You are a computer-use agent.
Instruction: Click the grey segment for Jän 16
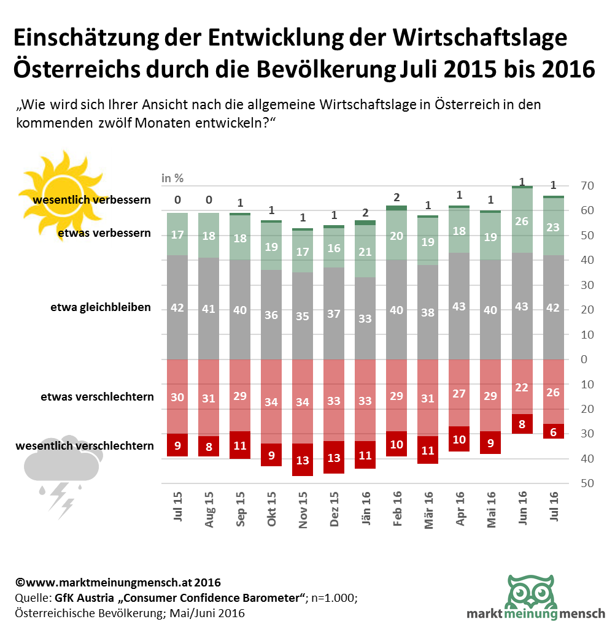click(x=366, y=318)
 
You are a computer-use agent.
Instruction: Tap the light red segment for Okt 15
click(x=271, y=401)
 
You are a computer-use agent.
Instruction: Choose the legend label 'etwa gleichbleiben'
click(x=101, y=307)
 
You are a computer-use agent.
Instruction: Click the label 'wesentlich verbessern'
click(x=92, y=200)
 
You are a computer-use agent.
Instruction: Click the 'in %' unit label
click(x=172, y=179)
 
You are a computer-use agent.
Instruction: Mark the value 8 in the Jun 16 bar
click(x=522, y=424)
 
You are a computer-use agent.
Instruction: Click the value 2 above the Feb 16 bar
click(x=396, y=197)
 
